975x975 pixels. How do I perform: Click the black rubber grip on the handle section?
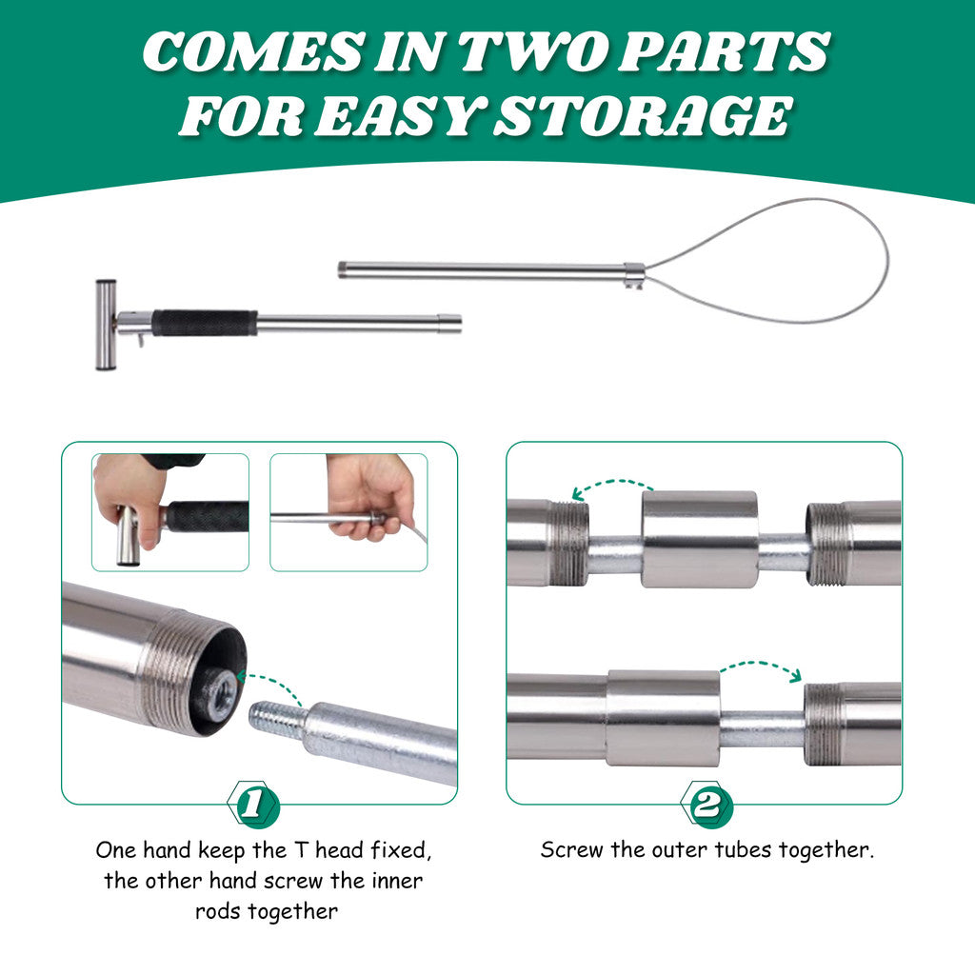coord(205,323)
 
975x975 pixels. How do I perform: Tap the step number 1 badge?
coord(253,804)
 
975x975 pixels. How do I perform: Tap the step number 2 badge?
coord(706,804)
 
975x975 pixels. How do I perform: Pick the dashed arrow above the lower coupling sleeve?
coord(762,667)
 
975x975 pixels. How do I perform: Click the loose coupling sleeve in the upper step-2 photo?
coord(700,539)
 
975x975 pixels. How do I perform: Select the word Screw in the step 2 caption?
coord(571,849)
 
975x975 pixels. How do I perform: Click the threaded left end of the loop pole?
coord(343,269)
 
